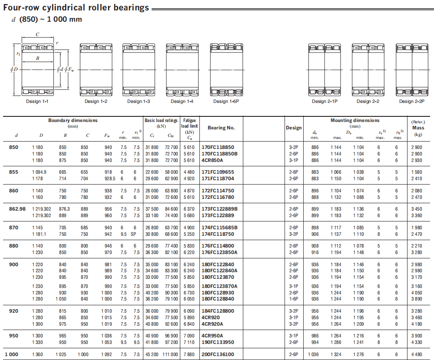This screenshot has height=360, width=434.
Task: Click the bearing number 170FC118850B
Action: tap(220, 154)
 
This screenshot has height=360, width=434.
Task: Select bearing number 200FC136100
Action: tap(218, 354)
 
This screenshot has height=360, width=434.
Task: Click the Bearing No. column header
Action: tap(221, 128)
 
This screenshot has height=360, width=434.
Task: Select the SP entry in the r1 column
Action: tap(137, 234)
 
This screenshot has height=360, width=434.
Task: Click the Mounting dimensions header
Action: tap(355, 120)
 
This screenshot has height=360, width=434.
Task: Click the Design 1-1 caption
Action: tap(37, 102)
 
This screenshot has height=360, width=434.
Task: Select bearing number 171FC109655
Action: tap(218, 172)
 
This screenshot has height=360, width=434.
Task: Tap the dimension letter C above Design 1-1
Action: tap(37, 35)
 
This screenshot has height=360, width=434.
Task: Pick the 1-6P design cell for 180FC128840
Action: tap(294, 299)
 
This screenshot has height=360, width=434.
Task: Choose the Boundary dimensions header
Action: tap(73, 120)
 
